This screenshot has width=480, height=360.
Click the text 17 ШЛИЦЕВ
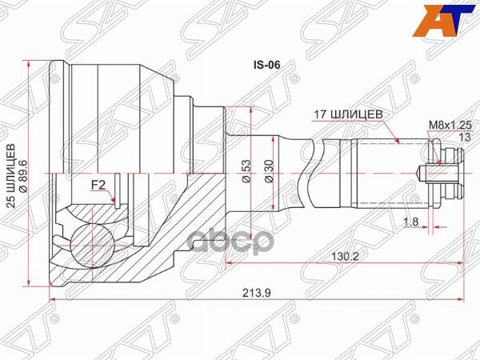click(347, 114)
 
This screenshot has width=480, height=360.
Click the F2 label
click(98, 185)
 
